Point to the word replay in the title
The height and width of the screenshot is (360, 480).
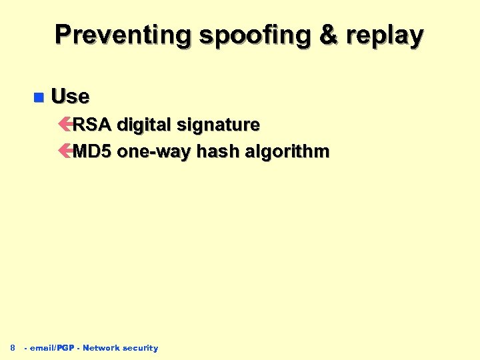[x=388, y=35]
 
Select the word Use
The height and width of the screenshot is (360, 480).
[x=70, y=97]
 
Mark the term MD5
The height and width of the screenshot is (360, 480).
[x=92, y=151]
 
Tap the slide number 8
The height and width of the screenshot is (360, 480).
[x=12, y=347]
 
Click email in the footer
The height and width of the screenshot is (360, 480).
[x=42, y=348]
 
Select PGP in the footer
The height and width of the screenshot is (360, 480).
[x=65, y=348]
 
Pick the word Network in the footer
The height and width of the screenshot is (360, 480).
[x=101, y=348]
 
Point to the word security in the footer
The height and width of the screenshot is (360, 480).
[x=141, y=348]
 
